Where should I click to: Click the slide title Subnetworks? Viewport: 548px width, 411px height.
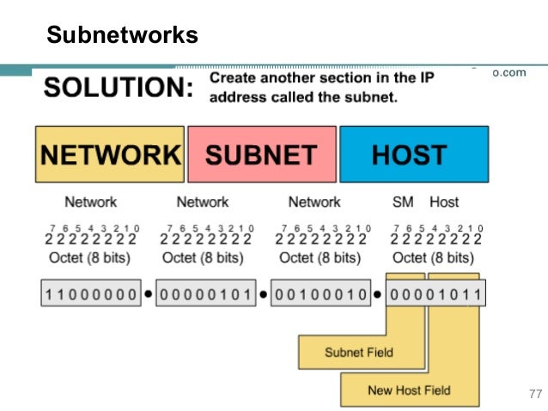pos(122,35)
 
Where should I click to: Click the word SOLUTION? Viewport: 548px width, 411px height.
pos(118,88)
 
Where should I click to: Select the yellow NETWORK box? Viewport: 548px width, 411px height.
pos(110,154)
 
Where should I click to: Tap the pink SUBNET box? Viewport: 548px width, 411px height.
pos(261,154)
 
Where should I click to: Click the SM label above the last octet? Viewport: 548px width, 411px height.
pos(403,202)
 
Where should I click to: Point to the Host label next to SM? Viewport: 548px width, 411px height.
pos(444,202)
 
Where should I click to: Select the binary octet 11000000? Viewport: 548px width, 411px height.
pos(90,295)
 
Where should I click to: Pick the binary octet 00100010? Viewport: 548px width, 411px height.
pos(321,295)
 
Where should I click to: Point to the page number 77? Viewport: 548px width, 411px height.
pos(534,395)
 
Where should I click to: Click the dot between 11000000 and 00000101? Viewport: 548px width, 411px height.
pos(148,295)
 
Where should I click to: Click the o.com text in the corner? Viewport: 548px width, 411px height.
pos(508,73)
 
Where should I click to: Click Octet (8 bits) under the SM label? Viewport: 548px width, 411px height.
pos(435,257)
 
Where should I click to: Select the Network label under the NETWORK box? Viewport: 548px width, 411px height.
pos(90,202)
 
